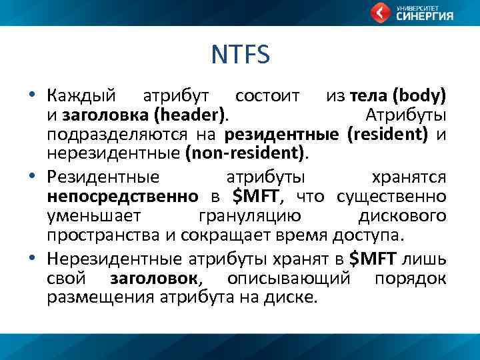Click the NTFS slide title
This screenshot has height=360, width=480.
240,55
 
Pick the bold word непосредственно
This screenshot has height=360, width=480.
123,197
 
